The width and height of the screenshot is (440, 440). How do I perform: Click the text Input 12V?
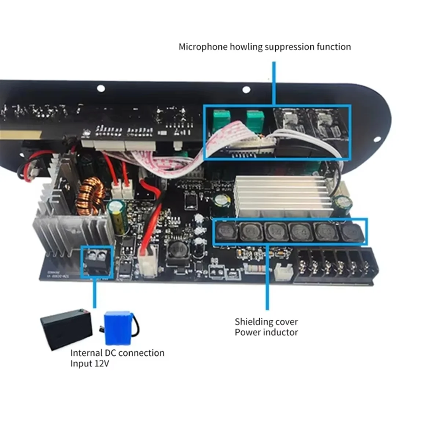[90, 364]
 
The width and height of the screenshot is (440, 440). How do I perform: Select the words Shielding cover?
[267, 322]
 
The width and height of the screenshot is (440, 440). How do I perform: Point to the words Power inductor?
[267, 333]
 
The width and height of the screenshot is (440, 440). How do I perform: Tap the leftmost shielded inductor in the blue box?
[225, 231]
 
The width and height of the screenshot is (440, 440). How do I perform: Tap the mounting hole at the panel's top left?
[101, 88]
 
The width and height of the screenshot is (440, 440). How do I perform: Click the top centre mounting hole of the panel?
[246, 89]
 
